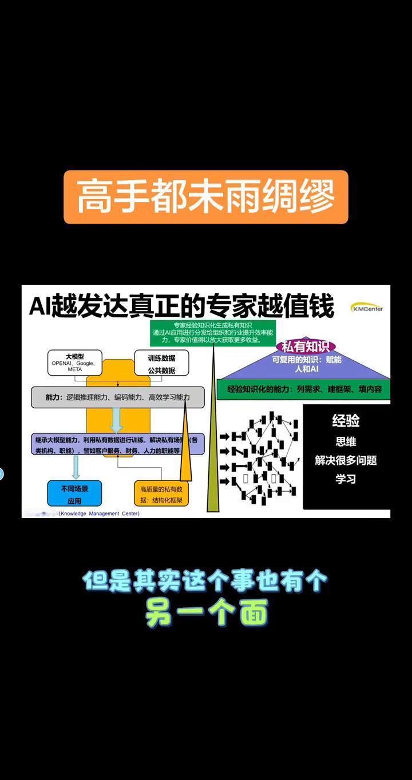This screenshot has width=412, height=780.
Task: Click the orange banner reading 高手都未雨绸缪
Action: click(x=205, y=197)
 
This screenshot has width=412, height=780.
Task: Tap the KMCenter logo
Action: click(x=367, y=308)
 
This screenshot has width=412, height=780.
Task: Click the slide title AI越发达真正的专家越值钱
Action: click(x=181, y=307)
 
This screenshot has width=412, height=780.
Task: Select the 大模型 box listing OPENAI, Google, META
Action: click(x=74, y=363)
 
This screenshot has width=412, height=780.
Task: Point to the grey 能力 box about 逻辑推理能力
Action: click(x=117, y=397)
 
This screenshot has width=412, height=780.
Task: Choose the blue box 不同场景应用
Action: click(x=74, y=494)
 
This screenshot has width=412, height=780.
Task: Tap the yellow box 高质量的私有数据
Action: click(x=161, y=494)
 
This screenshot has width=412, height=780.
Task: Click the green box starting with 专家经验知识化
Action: click(x=208, y=332)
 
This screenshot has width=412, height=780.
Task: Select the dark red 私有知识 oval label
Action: click(x=305, y=347)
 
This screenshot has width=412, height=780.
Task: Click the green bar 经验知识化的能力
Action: click(x=304, y=389)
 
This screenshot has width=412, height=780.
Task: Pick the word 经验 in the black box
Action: click(x=346, y=421)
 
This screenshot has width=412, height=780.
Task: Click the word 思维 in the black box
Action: click(x=346, y=441)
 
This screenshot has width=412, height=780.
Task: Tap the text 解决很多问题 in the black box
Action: click(x=346, y=460)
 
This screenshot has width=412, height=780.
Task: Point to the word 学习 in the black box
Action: click(x=346, y=479)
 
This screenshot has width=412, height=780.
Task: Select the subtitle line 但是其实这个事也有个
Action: click(x=205, y=582)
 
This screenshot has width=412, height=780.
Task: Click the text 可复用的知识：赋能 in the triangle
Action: click(x=307, y=360)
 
